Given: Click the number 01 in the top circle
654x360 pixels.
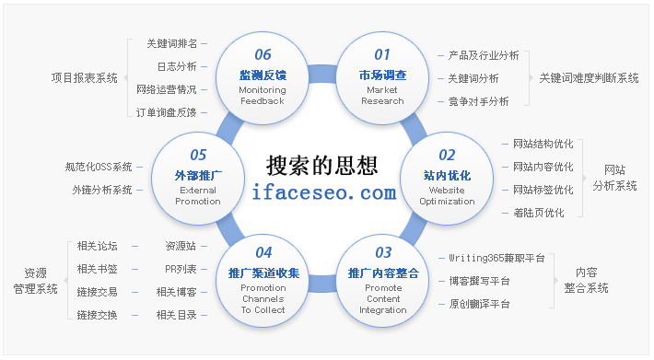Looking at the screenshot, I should coord(382,54).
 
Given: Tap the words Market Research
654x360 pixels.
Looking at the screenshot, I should coord(382,96).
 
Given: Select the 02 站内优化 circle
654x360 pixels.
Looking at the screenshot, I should coord(447,176).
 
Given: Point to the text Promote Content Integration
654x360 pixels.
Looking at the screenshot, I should coord(382,299).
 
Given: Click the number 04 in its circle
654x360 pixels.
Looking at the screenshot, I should coord(263,251).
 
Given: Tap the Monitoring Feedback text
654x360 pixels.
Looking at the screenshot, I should coord(262,96).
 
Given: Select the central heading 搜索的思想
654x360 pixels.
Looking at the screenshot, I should coord(321,165).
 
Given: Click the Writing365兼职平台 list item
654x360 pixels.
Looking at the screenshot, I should coord(498,258).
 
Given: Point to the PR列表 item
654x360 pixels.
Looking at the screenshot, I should coord(181,269).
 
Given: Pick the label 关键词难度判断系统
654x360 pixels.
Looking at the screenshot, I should coord(590,78).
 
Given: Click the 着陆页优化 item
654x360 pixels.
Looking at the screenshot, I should coord(539,213).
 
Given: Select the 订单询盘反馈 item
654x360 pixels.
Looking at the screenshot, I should coord(166,112).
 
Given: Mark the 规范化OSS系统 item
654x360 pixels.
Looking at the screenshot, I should coord(99,167).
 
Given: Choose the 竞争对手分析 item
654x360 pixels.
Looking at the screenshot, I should coord(478,101).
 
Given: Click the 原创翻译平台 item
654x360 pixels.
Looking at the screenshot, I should coord(478,304).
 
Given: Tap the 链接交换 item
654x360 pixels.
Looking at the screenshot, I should coord(97,315).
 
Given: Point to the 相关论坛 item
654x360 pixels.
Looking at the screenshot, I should coord(97,246).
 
